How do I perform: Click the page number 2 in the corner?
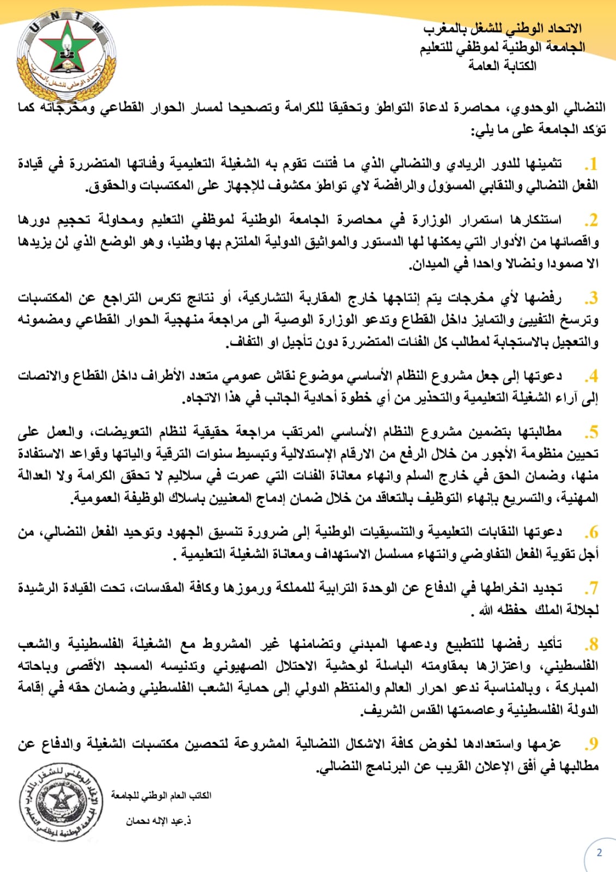599,853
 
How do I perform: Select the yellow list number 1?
591,164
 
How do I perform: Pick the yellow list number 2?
591,221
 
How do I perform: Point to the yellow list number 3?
591,299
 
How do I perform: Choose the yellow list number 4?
591,377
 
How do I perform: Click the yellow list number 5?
591,433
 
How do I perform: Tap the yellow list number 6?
591,532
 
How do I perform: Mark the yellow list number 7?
591,589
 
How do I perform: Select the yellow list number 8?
591,645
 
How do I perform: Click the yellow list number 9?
591,744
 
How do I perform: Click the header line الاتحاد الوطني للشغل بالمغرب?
502,28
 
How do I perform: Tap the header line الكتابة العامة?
502,66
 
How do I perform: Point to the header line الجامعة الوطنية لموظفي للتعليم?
502,47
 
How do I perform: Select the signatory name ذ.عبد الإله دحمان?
158,821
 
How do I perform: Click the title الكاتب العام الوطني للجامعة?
161,796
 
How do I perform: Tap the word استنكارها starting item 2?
536,220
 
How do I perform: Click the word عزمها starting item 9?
545,744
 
